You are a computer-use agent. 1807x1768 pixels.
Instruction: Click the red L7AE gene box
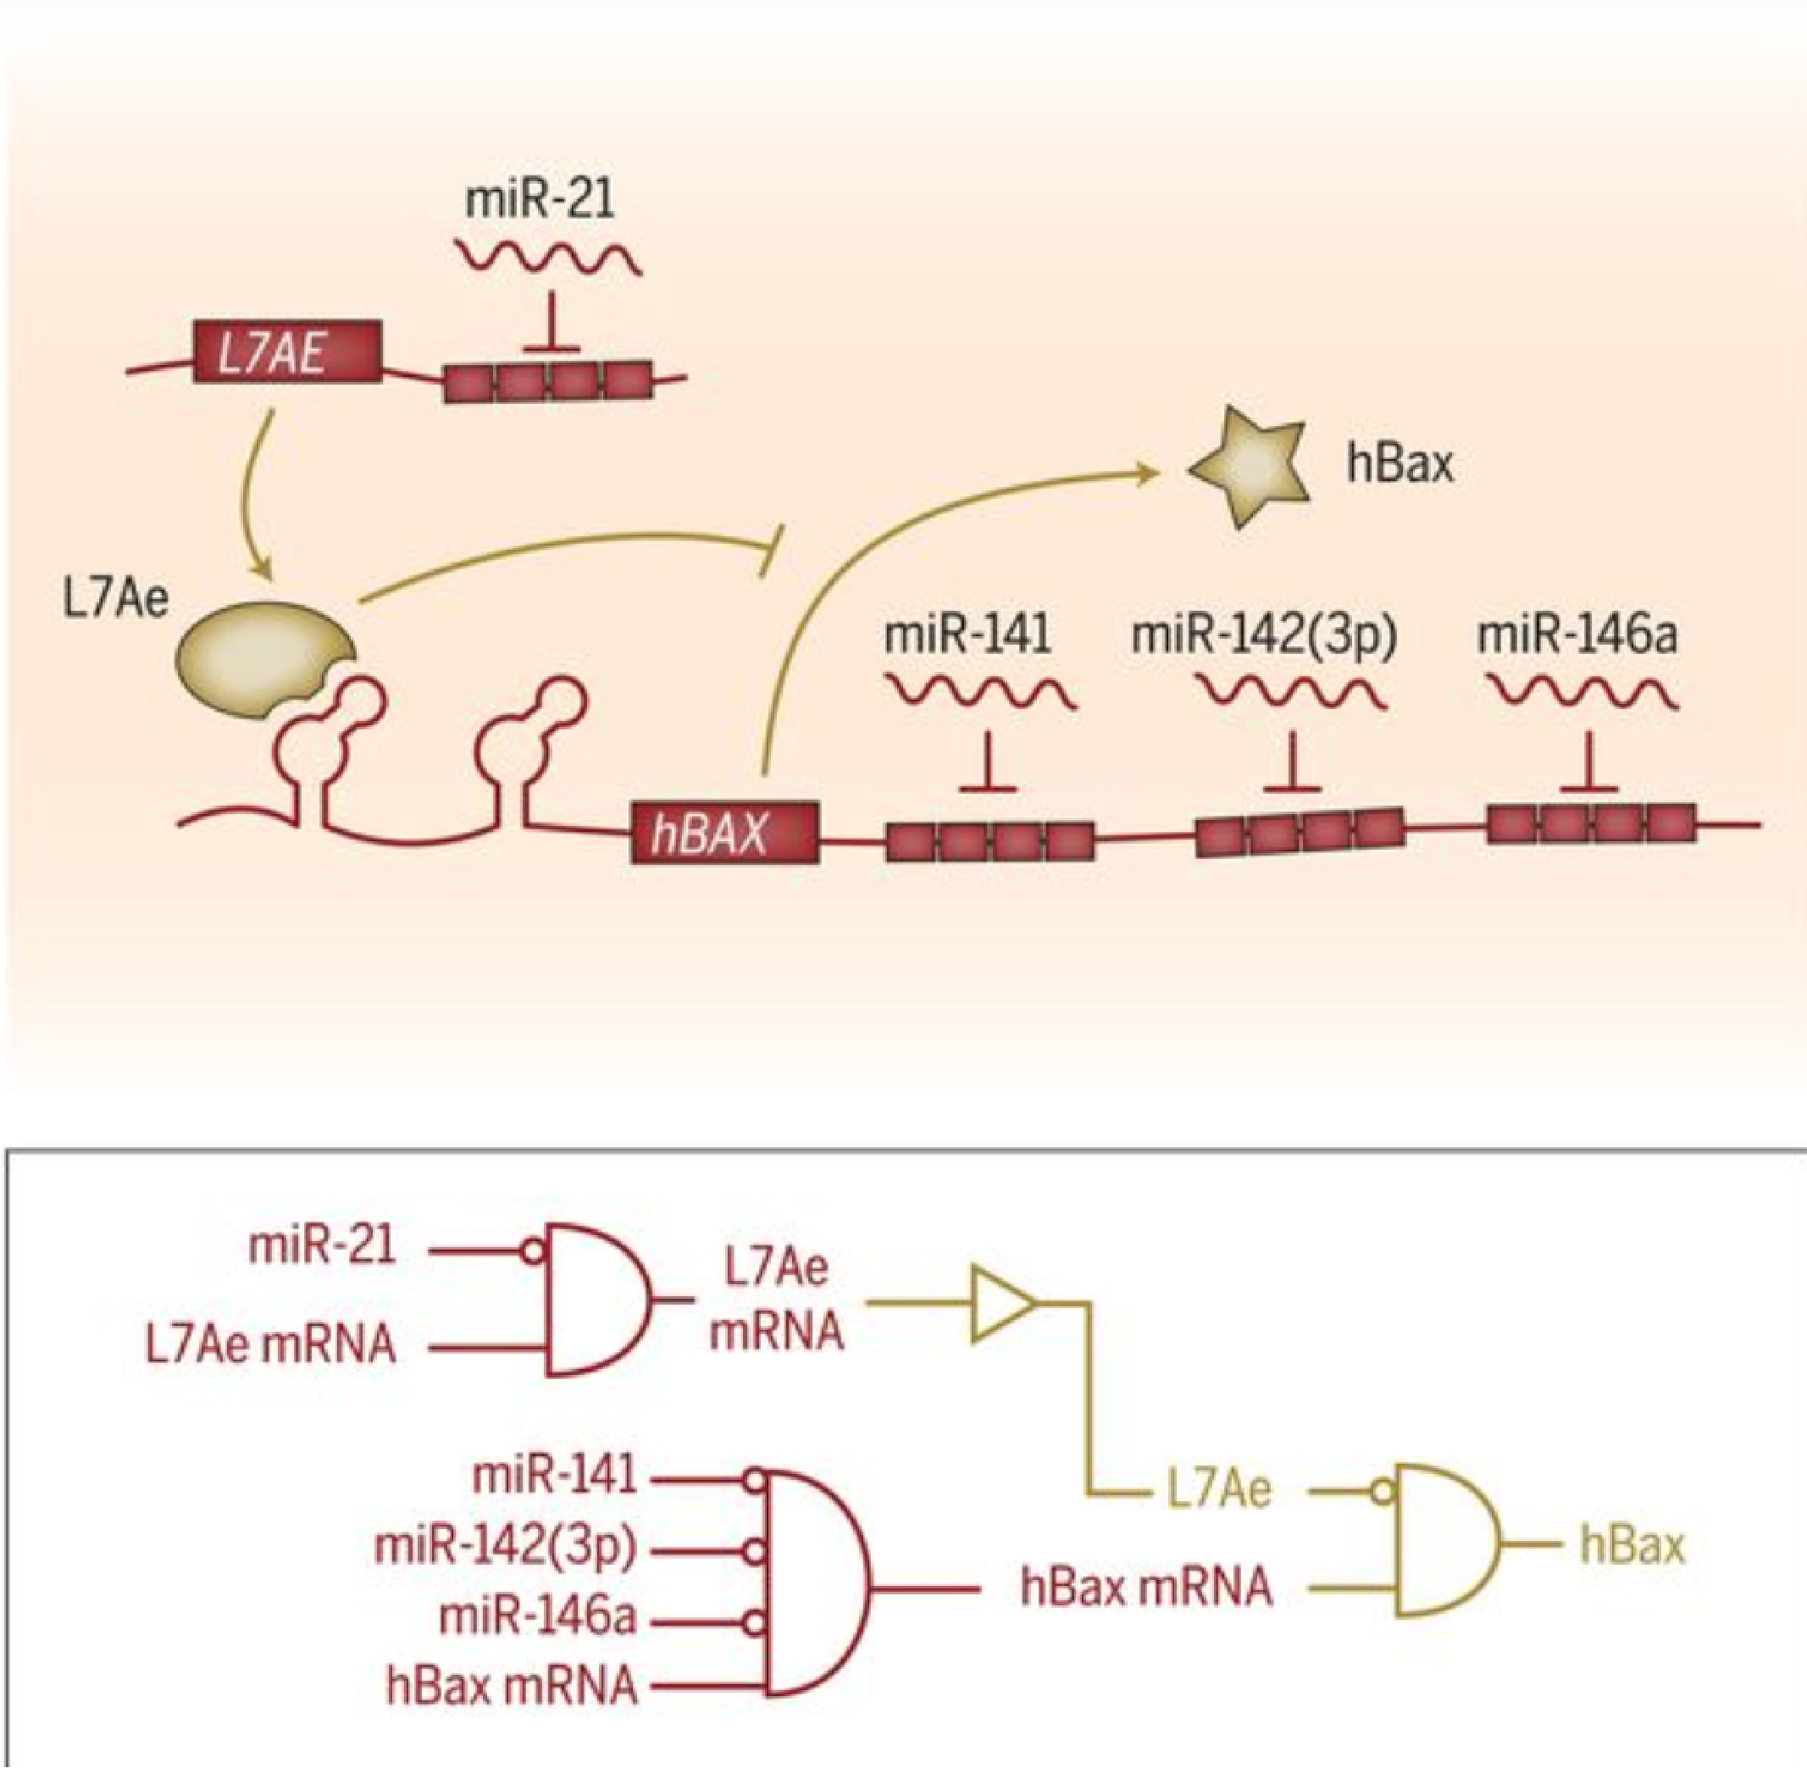[287, 352]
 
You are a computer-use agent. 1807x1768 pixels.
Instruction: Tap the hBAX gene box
[724, 832]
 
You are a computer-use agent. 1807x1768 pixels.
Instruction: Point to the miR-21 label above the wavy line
[540, 200]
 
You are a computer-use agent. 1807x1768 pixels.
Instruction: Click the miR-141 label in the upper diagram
[967, 636]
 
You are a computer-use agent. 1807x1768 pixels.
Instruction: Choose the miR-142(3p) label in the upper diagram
[1264, 636]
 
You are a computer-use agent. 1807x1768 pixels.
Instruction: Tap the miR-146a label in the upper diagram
[1577, 636]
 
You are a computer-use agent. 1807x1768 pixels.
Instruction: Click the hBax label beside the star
[1400, 464]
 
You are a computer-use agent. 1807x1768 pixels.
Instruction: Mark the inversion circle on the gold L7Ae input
[1383, 1492]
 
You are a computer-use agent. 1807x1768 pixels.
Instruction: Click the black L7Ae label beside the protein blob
[116, 599]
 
